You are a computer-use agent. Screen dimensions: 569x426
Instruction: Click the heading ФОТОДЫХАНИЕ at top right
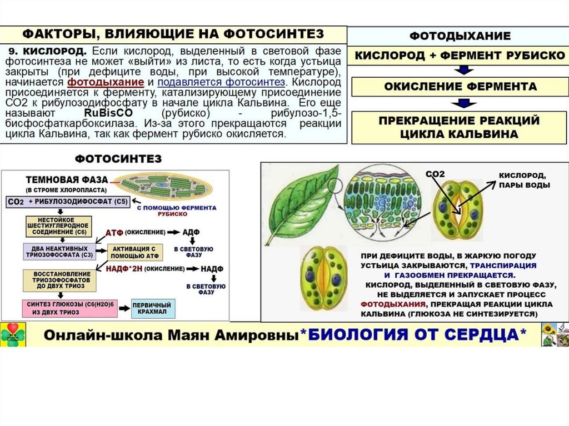pyautogui.click(x=460, y=36)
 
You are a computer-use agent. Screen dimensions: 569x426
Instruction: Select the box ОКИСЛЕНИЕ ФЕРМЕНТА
pyautogui.click(x=460, y=87)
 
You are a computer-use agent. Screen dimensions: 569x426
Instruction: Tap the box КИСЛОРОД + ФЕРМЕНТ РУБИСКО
pyautogui.click(x=460, y=56)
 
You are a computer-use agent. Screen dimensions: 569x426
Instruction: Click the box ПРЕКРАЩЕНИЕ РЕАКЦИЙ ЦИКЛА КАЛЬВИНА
pyautogui.click(x=460, y=127)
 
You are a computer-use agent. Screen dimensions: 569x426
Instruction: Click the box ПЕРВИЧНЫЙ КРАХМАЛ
pyautogui.click(x=153, y=308)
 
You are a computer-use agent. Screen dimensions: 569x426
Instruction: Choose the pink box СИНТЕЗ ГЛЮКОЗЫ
pyautogui.click(x=69, y=308)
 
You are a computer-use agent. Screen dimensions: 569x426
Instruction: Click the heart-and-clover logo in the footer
pyautogui.click(x=13, y=334)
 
